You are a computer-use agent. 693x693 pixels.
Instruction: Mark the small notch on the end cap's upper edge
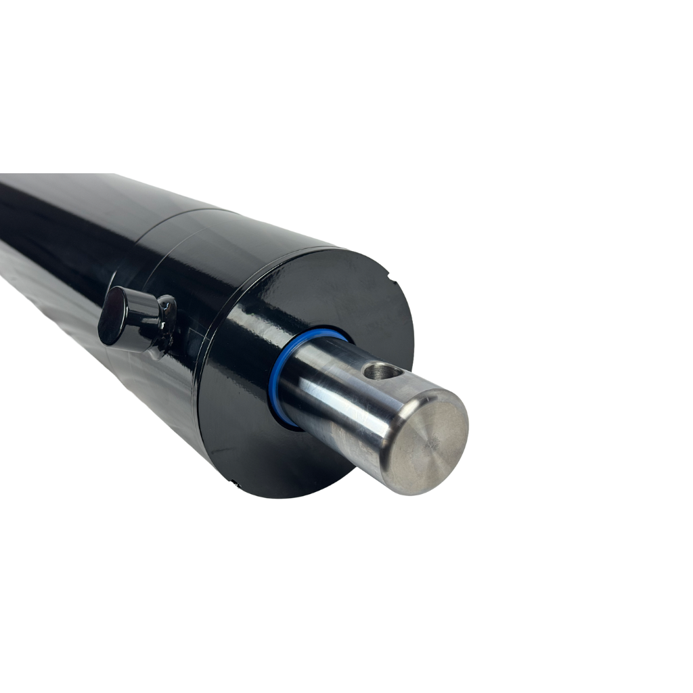pos(390,273)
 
